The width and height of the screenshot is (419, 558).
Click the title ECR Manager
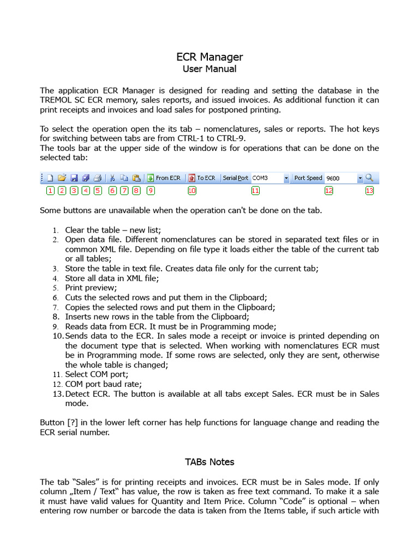pos(209,57)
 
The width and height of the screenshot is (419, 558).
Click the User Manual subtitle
pos(209,69)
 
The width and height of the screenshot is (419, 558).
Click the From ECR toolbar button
pos(164,178)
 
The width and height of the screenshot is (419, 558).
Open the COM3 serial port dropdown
pos(286,178)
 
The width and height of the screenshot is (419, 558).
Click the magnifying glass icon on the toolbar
pos(369,178)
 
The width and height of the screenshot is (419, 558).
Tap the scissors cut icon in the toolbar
pos(112,178)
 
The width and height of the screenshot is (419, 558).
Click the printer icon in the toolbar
pos(97,178)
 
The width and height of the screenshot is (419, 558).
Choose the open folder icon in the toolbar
pos(62,178)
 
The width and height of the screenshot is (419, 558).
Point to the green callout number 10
pos(191,191)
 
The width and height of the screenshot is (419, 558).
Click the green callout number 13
pos(369,191)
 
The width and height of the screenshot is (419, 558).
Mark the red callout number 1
pos(50,191)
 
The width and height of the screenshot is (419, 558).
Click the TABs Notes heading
pos(209,462)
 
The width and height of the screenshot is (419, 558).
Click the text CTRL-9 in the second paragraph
pos(230,138)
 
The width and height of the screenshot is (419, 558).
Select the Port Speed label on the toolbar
pos(308,178)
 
